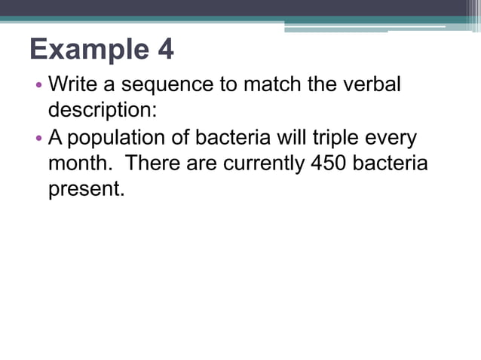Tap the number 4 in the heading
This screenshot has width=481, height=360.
165,50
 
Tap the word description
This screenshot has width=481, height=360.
103,109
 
